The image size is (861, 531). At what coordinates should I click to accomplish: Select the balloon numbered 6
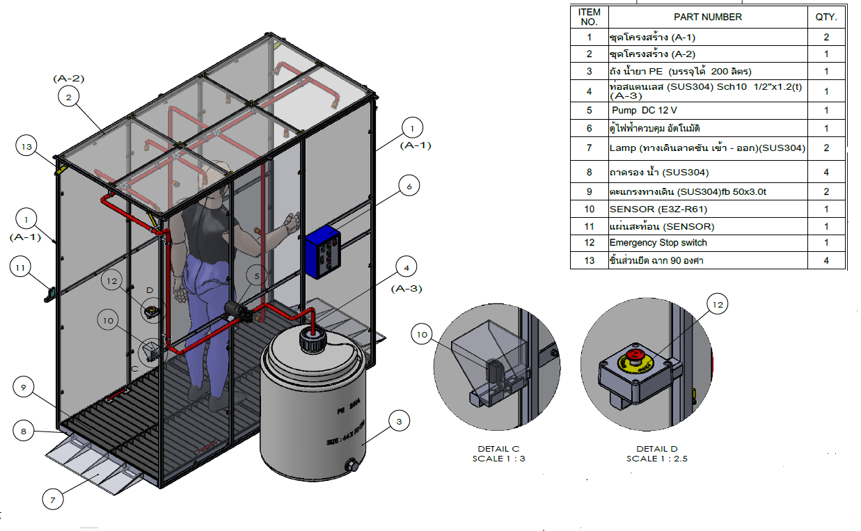(409, 186)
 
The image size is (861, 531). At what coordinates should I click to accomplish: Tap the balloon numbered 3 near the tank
(399, 421)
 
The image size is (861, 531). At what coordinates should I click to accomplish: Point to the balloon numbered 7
(53, 498)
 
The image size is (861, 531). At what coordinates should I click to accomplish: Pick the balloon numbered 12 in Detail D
(718, 303)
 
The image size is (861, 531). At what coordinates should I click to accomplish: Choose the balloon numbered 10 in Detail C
(422, 334)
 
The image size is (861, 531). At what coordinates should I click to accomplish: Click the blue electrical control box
(324, 252)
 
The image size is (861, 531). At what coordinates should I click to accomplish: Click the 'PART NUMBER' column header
(707, 17)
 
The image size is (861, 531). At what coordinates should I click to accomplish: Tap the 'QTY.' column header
(826, 17)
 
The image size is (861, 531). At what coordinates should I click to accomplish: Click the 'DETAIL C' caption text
(498, 449)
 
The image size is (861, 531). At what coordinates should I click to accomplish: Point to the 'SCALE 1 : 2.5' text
(657, 459)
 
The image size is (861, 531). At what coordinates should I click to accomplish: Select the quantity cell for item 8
(826, 172)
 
